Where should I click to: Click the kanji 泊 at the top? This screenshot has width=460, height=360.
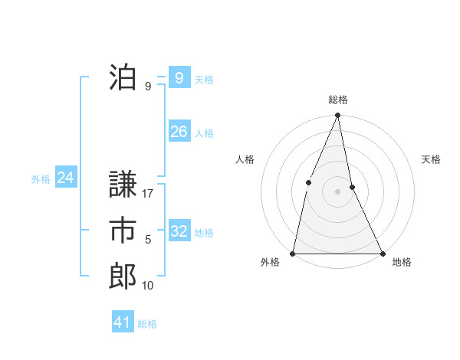(123, 77)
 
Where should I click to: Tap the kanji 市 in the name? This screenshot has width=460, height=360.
(123, 231)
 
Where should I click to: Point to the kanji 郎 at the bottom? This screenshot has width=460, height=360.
(123, 277)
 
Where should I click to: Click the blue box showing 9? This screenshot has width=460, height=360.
(179, 77)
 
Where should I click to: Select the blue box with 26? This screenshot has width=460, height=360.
(179, 132)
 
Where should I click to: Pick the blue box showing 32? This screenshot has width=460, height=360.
(179, 231)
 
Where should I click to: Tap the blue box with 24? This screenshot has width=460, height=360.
(65, 178)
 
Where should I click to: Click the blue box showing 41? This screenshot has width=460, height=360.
(123, 322)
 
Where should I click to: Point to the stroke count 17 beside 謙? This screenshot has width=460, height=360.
(148, 194)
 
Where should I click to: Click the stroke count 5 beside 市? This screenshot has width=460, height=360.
(148, 240)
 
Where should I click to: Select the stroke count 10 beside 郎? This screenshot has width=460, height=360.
(148, 286)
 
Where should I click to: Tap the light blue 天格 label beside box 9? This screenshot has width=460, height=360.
(203, 79)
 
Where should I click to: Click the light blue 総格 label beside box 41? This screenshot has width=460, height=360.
(147, 324)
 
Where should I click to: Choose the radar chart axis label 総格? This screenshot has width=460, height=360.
(337, 100)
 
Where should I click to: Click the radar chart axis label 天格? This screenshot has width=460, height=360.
(431, 159)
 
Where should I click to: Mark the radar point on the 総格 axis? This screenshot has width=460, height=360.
(337, 116)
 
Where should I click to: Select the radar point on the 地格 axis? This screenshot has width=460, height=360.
(382, 253)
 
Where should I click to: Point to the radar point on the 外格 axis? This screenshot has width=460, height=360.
(293, 253)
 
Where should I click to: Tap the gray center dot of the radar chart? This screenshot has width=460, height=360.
(337, 191)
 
